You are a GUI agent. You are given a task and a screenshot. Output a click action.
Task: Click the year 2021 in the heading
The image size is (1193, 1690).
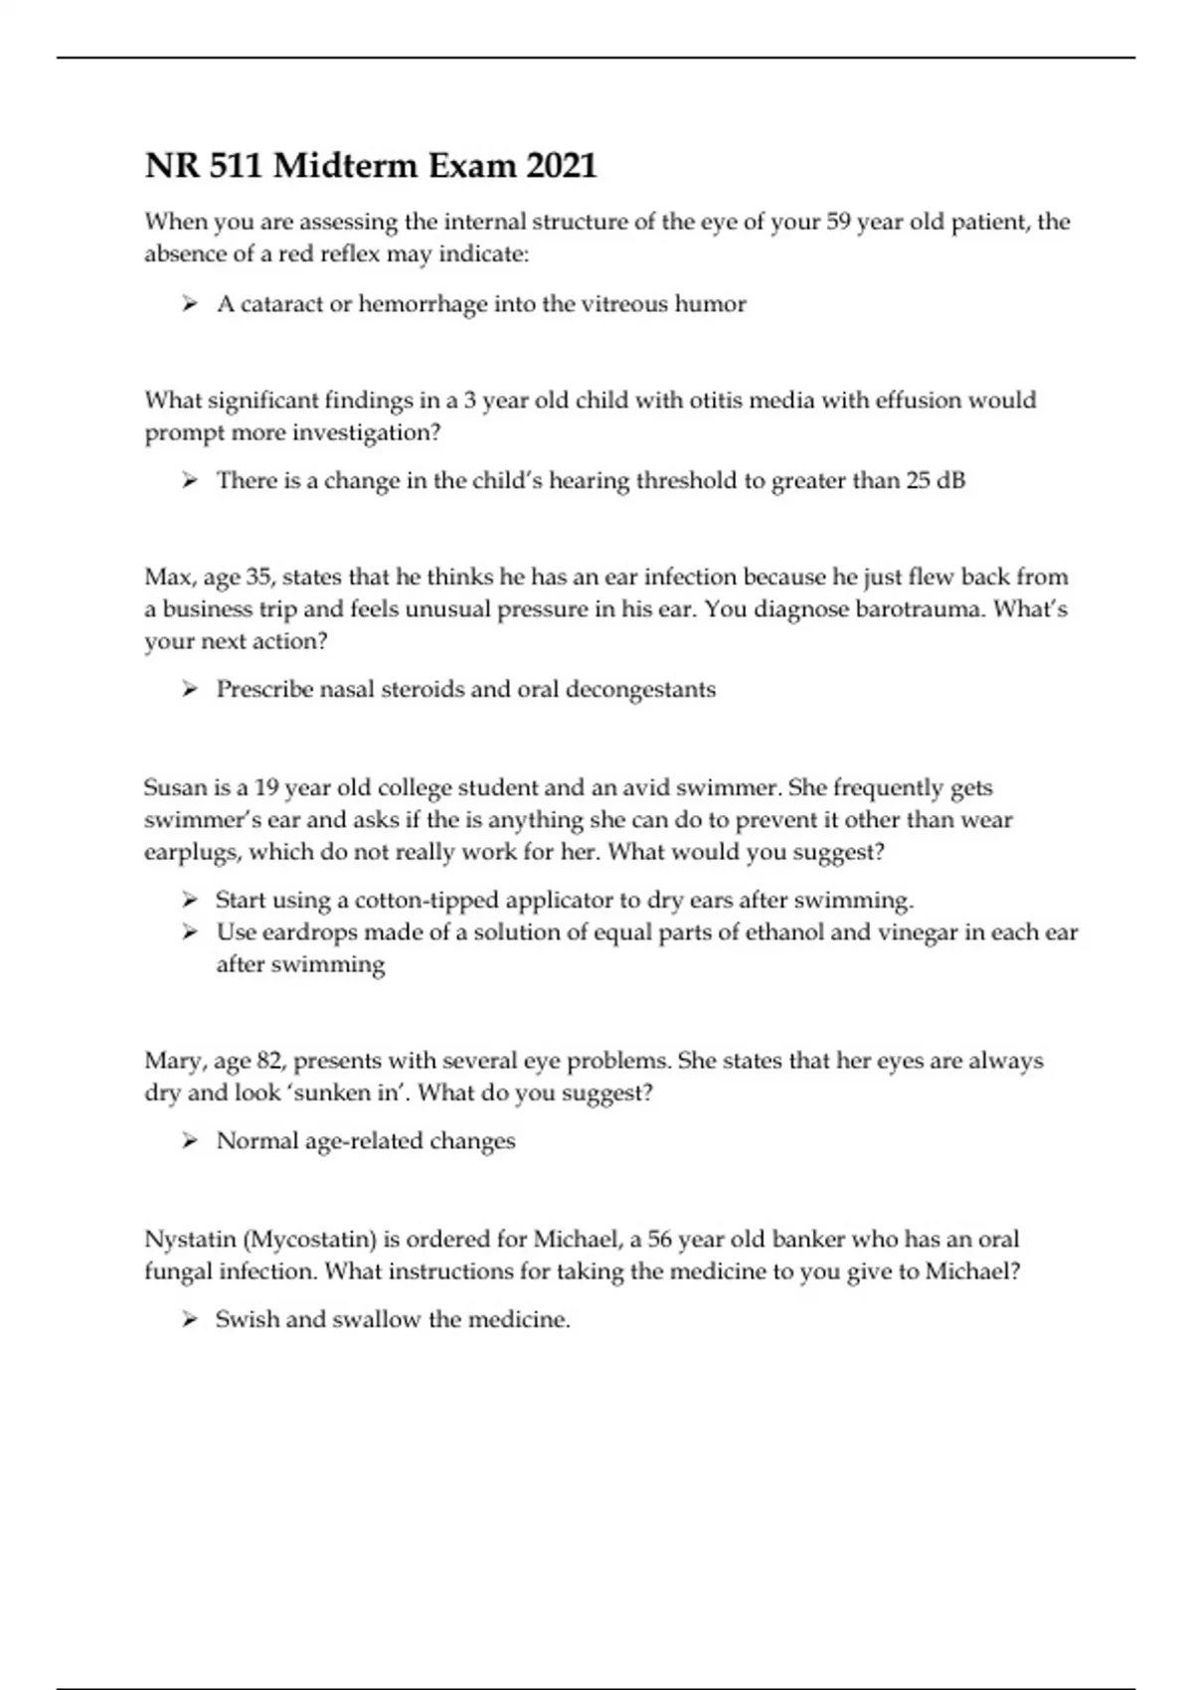(561, 165)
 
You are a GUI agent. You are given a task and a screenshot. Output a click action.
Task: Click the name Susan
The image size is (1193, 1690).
(174, 788)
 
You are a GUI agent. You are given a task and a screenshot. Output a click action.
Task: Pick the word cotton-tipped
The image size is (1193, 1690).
(427, 901)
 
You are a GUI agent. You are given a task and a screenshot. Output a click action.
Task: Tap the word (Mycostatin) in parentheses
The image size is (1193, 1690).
(309, 1240)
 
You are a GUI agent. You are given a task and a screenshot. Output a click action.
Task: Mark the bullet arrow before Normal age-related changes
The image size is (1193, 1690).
(190, 1141)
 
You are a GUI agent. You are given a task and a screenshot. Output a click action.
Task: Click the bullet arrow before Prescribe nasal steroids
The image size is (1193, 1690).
(190, 690)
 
